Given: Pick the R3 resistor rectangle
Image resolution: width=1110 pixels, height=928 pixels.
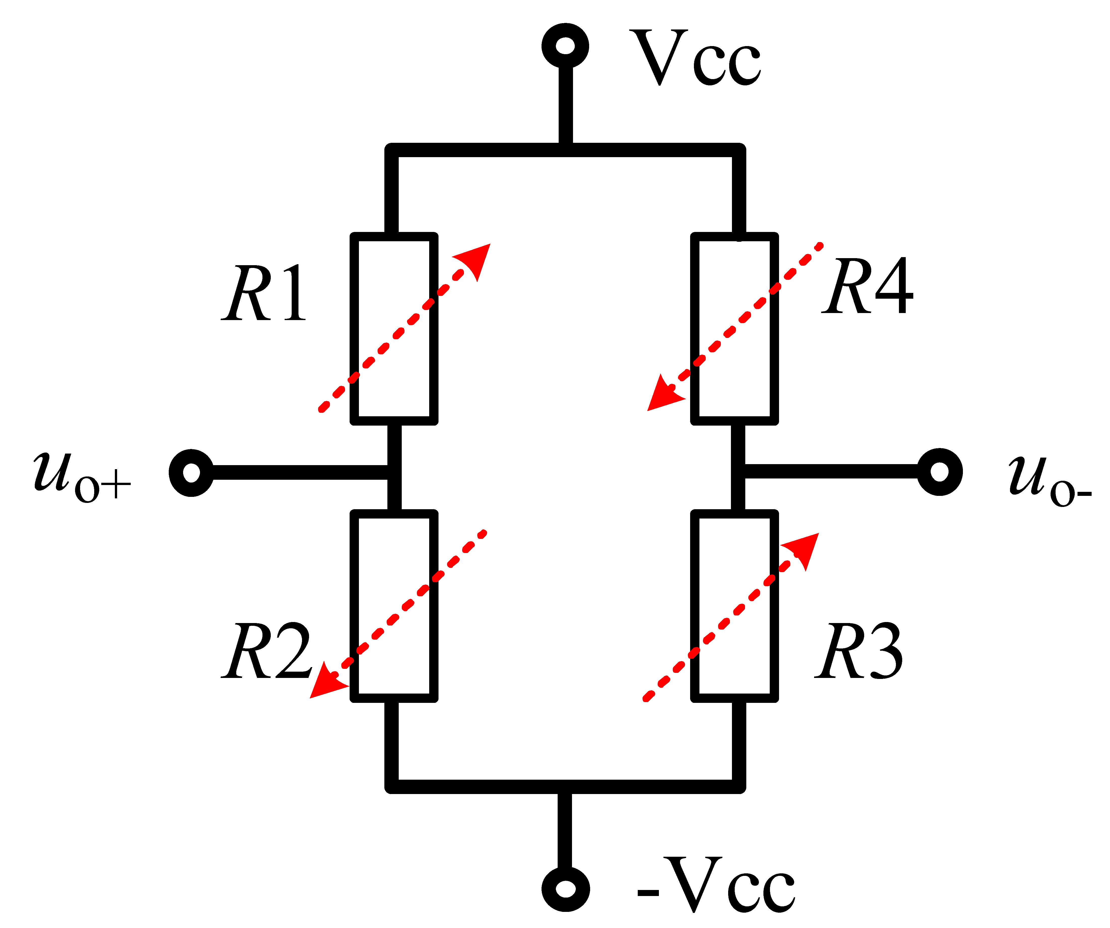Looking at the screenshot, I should [735, 606].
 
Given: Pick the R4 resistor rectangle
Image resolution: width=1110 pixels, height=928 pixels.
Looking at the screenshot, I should [735, 328].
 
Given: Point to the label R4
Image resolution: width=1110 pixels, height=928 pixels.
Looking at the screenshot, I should [867, 286].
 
